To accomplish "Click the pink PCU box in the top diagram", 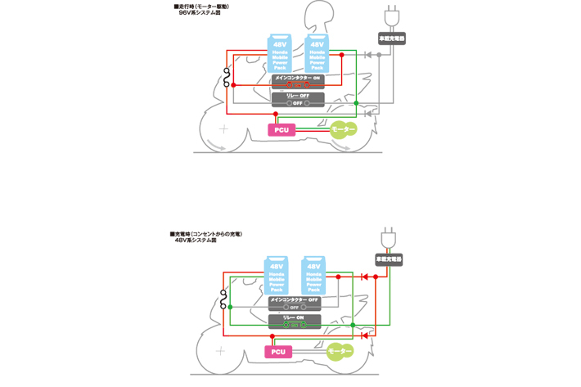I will [x=281, y=129].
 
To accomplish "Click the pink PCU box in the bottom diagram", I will [x=278, y=352].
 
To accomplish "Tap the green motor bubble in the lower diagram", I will [x=340, y=352].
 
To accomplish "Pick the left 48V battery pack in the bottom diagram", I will [x=277, y=276].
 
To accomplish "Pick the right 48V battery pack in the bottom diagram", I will [x=313, y=276].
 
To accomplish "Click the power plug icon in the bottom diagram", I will [x=388, y=238].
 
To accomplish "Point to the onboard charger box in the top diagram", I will [x=391, y=38].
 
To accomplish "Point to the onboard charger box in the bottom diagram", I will [x=388, y=259].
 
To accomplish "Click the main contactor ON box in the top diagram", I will [x=298, y=81].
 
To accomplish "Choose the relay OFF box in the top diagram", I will [x=298, y=100].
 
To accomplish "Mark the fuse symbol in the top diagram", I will [x=227, y=80].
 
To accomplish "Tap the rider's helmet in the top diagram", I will [x=317, y=16].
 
